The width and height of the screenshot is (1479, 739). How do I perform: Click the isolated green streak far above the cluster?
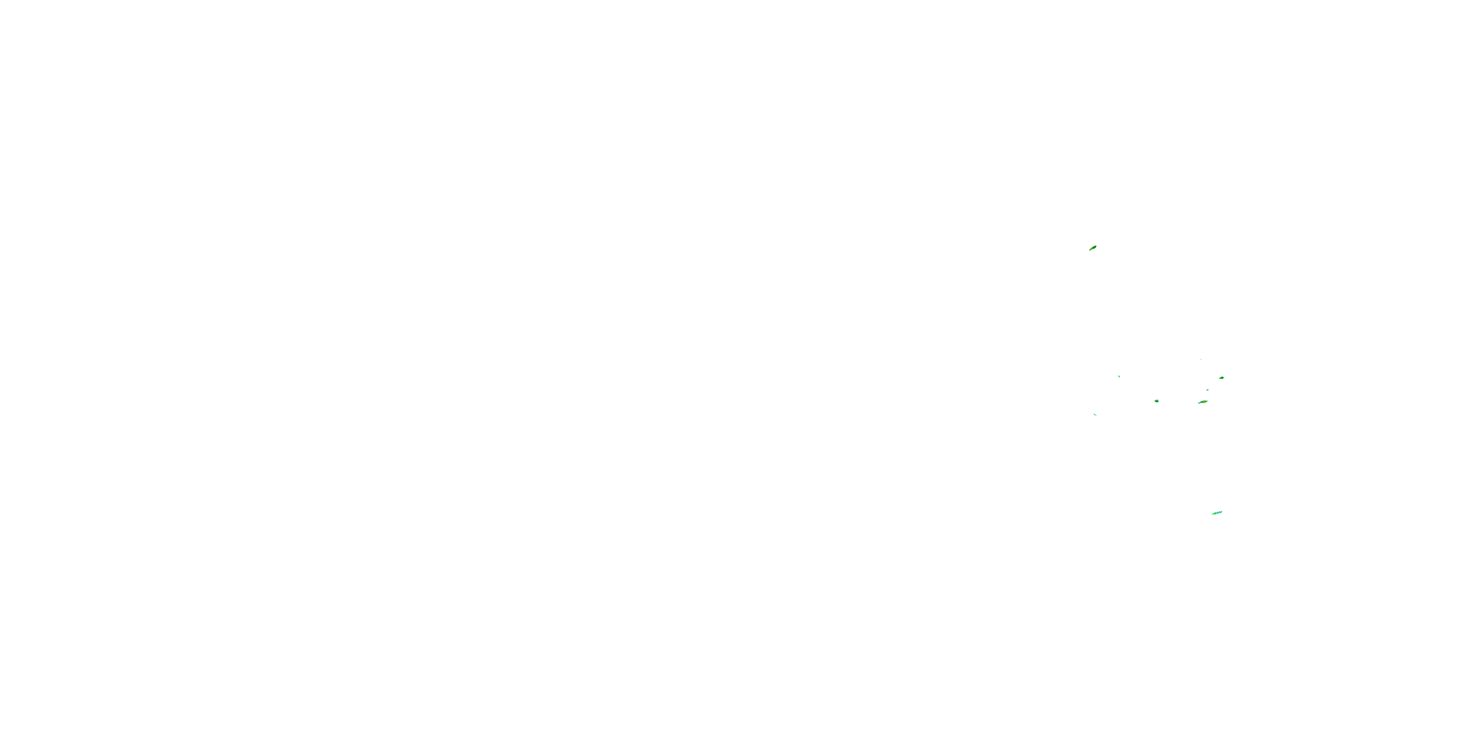tap(1093, 248)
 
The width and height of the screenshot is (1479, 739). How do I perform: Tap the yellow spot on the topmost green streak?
tap(1092, 248)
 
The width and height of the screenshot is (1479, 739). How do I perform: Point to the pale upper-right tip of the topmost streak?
tap(1096, 245)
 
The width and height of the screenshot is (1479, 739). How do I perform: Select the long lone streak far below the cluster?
tap(1217, 512)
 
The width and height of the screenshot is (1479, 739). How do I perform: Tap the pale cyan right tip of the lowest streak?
tap(1221, 511)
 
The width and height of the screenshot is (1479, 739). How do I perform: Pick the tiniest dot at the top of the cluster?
tap(1201, 360)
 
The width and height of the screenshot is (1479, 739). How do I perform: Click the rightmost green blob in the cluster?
tap(1221, 377)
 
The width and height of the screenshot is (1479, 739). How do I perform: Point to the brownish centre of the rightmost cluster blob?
tap(1221, 377)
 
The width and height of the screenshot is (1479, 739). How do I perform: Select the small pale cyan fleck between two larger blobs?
tap(1207, 390)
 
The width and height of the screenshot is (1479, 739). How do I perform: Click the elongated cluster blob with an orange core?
tap(1203, 402)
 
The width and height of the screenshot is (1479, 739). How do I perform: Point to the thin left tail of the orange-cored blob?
tap(1198, 403)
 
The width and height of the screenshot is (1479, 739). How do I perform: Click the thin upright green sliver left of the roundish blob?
tap(1119, 376)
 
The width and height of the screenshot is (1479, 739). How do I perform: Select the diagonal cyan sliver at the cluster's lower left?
tap(1095, 414)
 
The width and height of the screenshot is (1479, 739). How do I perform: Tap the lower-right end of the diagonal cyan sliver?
tap(1096, 415)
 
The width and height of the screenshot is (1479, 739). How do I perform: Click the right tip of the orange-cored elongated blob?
tap(1207, 401)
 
